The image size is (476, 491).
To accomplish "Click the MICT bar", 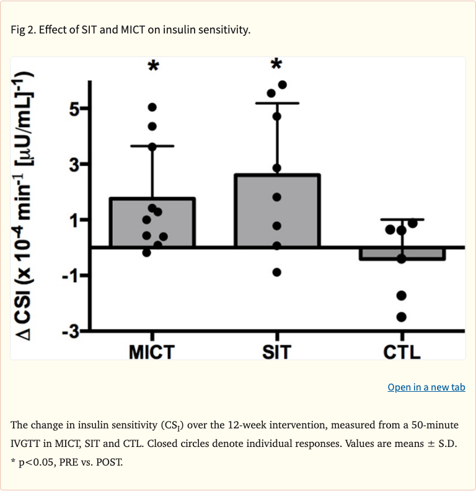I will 152,223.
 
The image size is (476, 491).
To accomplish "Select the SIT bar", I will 277,211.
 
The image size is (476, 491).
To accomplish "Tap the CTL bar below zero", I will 402,253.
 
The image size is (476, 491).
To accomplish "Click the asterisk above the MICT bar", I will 152,66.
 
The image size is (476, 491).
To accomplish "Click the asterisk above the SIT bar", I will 277,65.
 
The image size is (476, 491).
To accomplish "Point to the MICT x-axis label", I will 152,352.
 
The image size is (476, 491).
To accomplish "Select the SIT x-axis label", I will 276,352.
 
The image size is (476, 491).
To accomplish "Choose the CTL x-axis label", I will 402,352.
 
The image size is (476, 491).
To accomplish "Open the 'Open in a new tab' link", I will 426,387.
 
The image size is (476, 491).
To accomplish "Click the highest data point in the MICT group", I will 152,107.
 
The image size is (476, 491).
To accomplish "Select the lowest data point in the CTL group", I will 402,317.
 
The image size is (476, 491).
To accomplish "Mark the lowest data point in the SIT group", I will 277,272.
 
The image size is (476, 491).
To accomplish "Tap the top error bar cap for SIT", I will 277,103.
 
